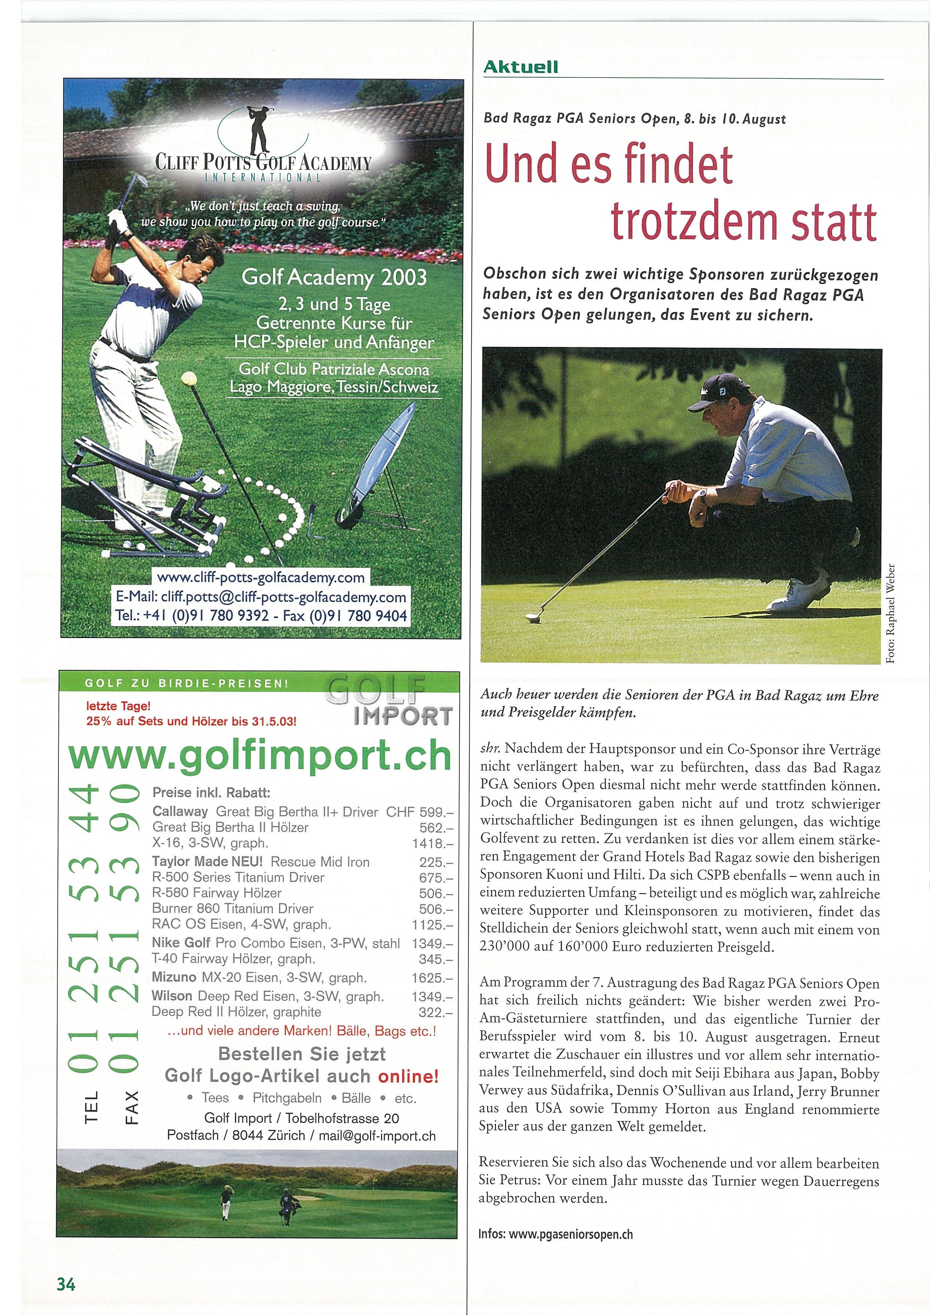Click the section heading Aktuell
coord(520,67)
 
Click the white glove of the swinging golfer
coord(118,220)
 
